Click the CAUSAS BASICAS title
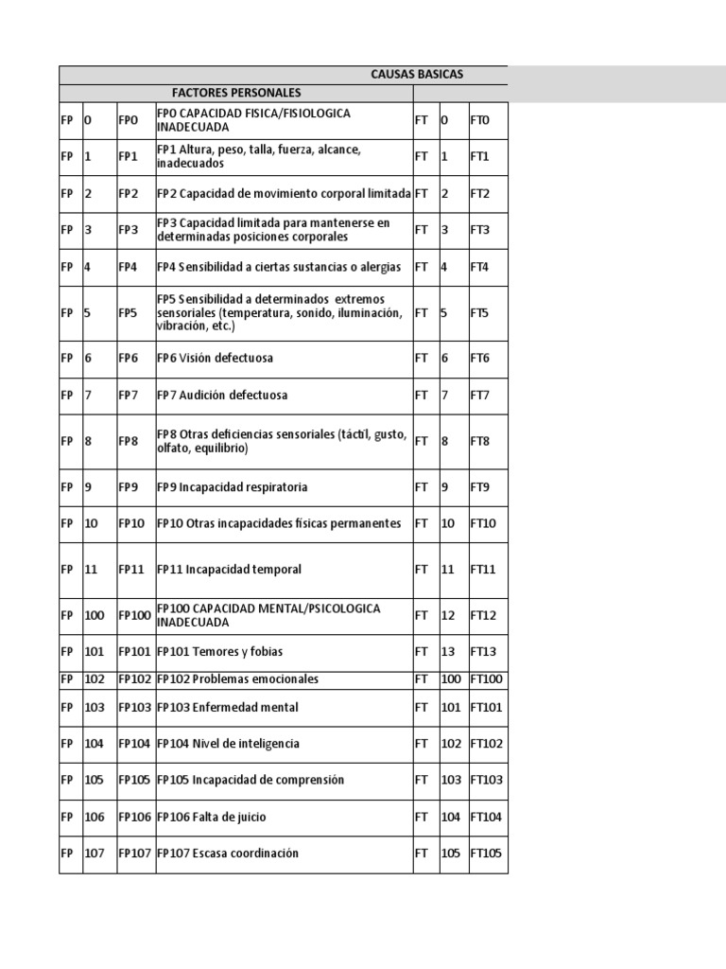(x=416, y=75)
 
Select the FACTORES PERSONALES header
(x=236, y=93)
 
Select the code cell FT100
(x=487, y=679)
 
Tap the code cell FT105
(x=487, y=854)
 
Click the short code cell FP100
(x=134, y=615)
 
